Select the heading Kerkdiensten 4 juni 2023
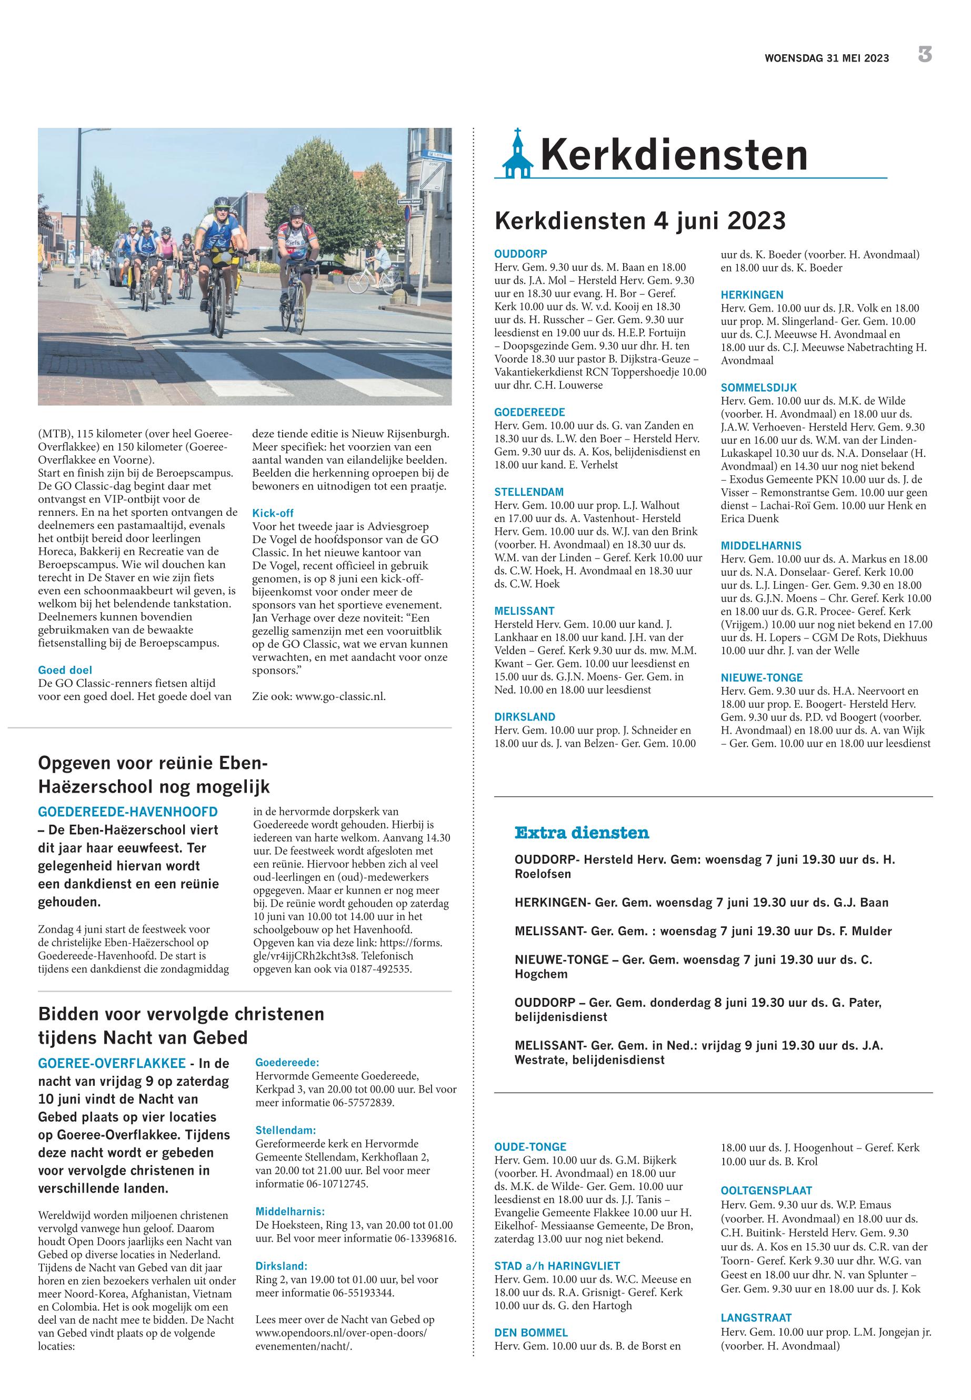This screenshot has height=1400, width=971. (x=640, y=220)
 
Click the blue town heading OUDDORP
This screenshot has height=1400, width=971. (x=521, y=254)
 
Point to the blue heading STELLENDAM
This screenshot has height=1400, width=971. (x=529, y=492)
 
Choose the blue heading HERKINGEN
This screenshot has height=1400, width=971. (x=752, y=295)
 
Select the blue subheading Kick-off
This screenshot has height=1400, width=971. (x=273, y=513)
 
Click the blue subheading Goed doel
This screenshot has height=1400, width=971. (x=65, y=670)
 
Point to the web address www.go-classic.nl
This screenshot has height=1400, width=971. (x=340, y=696)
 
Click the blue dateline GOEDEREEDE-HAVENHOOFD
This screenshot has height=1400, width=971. (x=128, y=811)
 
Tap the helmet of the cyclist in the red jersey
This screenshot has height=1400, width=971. (x=296, y=211)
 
